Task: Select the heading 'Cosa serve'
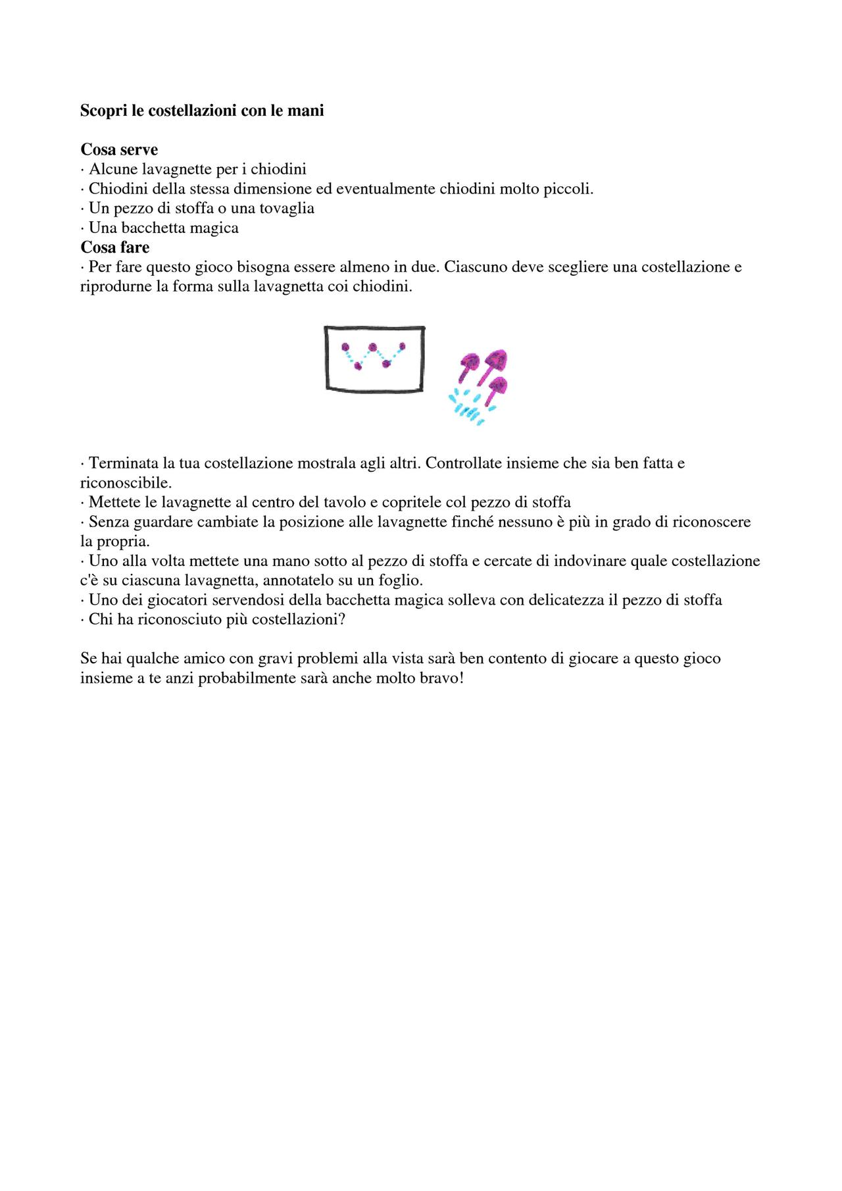(119, 150)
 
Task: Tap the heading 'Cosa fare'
(115, 247)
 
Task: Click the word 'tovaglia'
(285, 209)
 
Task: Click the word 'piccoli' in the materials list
(569, 190)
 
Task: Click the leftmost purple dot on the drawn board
(345, 347)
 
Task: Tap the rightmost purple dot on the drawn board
(402, 346)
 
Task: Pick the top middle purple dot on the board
(373, 347)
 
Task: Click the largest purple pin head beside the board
(496, 360)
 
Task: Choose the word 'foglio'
(399, 581)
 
